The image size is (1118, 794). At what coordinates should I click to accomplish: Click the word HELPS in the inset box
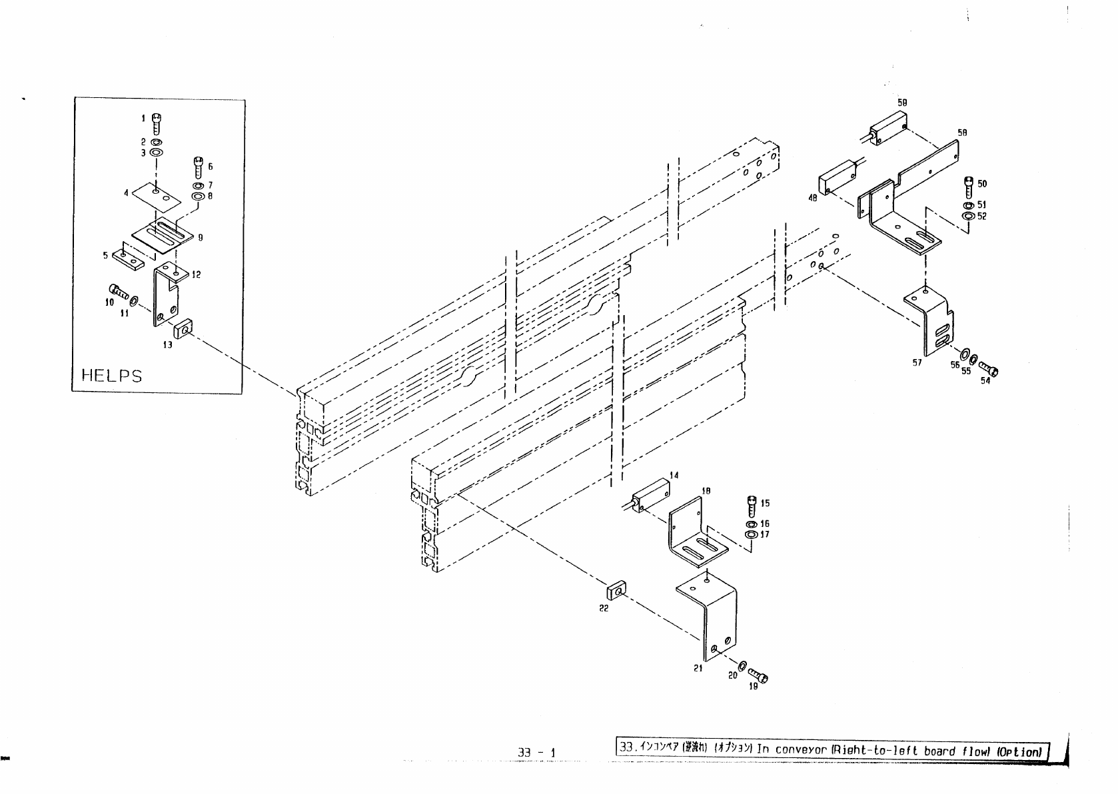(x=111, y=375)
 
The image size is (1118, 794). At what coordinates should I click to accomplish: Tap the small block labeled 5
(x=129, y=257)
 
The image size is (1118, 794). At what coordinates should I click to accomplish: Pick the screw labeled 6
(x=198, y=165)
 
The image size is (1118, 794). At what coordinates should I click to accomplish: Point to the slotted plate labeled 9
(x=163, y=236)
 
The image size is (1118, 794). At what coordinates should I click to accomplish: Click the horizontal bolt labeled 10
(x=117, y=291)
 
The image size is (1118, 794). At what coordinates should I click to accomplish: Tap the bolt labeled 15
(x=752, y=506)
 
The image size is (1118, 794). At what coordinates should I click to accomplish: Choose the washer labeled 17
(x=751, y=534)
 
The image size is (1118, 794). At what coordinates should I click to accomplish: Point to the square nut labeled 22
(x=616, y=590)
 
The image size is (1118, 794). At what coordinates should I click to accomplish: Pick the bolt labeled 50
(x=969, y=185)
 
